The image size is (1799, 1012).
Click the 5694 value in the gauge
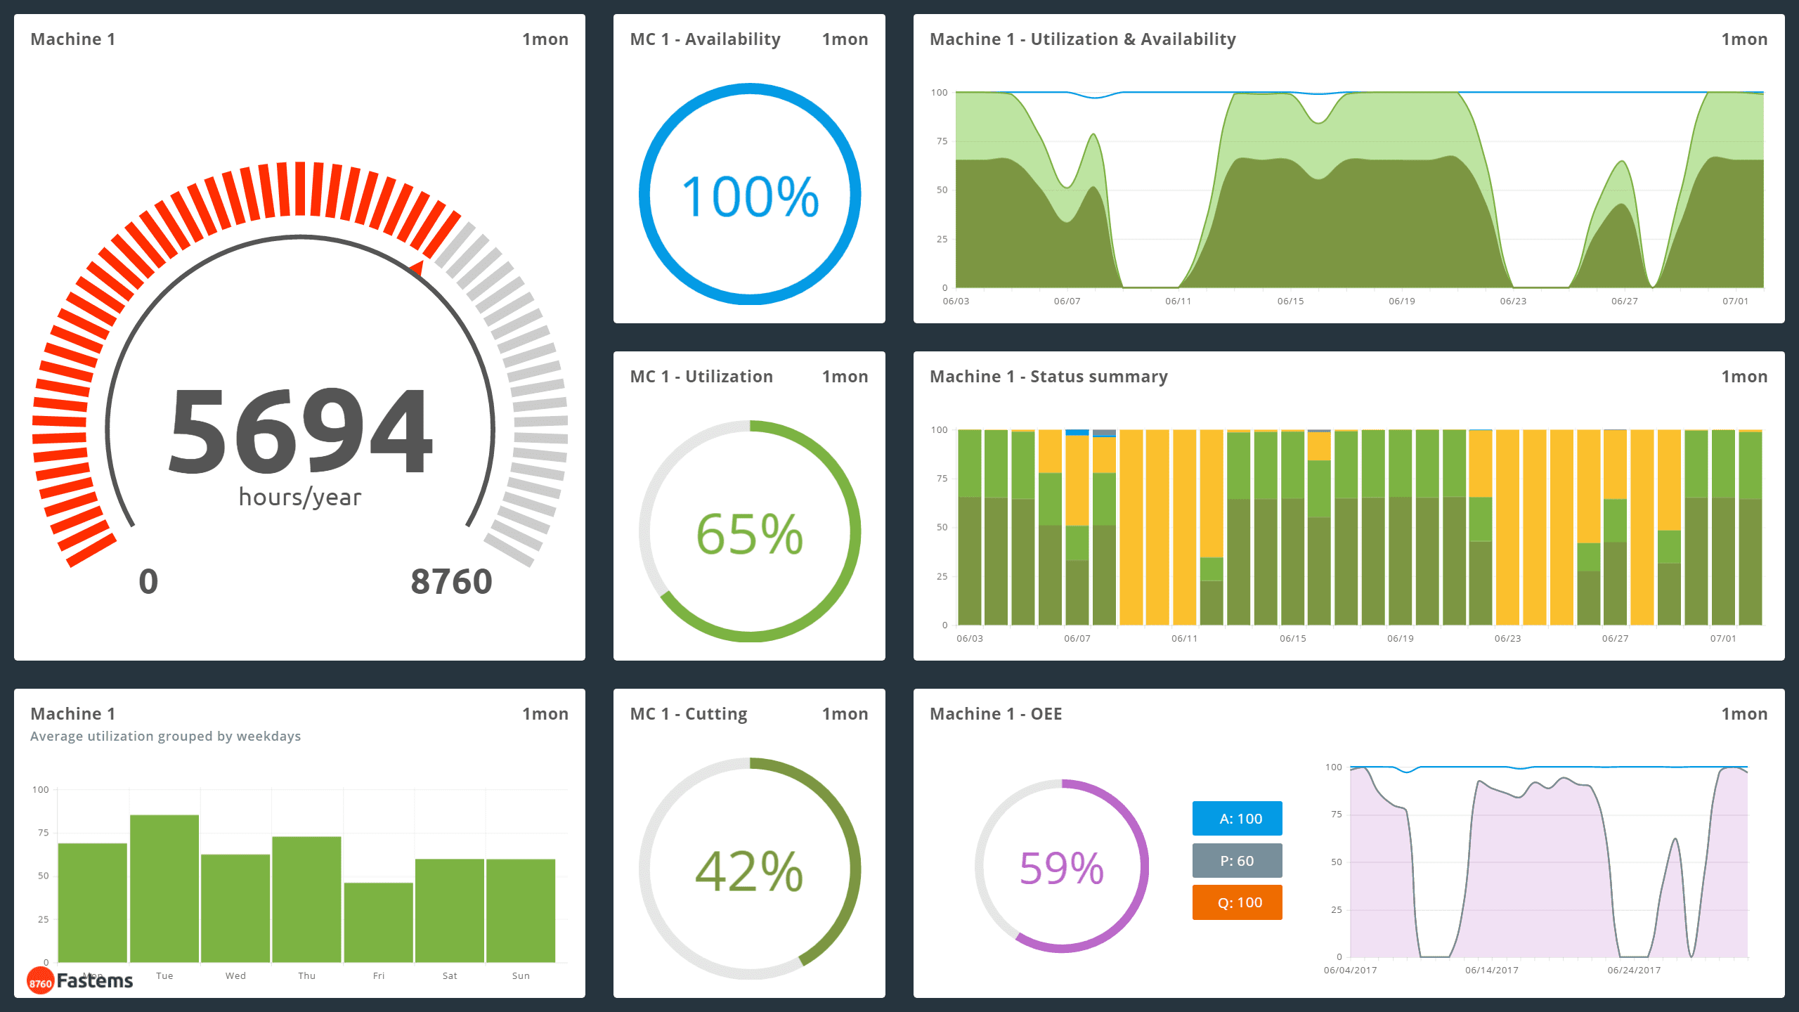[x=300, y=430]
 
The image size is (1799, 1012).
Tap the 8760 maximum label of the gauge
[x=451, y=582]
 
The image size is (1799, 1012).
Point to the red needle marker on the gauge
[x=417, y=268]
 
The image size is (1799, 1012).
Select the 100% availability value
[x=750, y=196]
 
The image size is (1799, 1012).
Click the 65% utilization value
[x=750, y=533]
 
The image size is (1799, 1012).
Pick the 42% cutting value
[x=750, y=871]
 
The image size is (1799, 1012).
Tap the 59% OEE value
[x=1062, y=868]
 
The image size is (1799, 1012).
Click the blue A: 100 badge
[x=1237, y=819]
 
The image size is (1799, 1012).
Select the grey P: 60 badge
[x=1237, y=861]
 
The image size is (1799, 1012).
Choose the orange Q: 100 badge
[x=1237, y=902]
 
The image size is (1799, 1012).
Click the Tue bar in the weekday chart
[x=164, y=889]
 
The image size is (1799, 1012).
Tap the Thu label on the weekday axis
[x=307, y=975]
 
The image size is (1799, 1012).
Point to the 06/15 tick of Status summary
[x=1292, y=638]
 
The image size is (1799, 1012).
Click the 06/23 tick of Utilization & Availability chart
[x=1513, y=301]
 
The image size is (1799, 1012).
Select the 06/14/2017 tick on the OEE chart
[x=1491, y=970]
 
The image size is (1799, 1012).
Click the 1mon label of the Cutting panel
[x=845, y=714]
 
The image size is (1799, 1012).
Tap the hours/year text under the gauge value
[x=300, y=497]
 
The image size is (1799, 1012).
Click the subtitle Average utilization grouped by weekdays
[x=165, y=736]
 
